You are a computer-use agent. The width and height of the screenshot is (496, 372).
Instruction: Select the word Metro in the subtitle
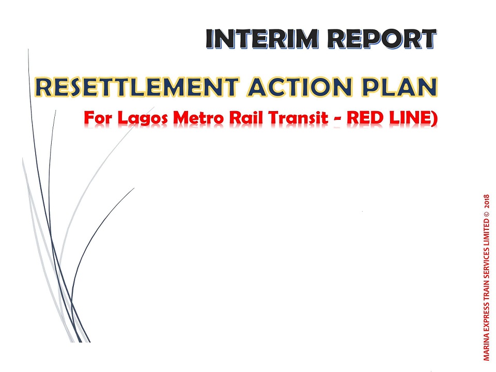click(198, 118)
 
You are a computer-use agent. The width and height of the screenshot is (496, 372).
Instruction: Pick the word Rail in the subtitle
click(246, 118)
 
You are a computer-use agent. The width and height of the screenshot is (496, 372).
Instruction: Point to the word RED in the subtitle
click(365, 118)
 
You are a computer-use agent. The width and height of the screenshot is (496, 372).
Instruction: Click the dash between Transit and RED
click(337, 119)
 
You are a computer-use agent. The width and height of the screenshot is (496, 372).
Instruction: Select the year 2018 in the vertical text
click(487, 201)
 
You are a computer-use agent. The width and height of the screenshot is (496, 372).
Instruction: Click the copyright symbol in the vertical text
click(487, 213)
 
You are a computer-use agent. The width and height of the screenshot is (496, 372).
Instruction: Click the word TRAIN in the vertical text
click(487, 290)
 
